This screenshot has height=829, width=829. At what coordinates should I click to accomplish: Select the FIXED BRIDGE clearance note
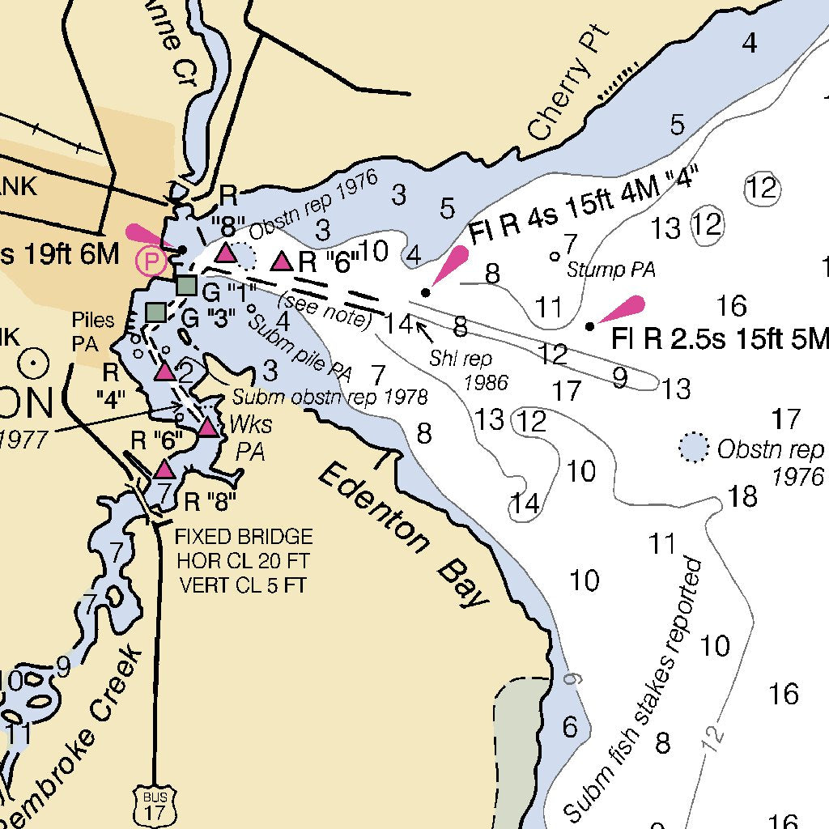pos(244,560)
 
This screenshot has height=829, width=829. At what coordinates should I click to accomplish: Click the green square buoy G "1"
pos(186,285)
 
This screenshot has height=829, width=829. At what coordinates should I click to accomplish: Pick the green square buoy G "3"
pos(156,312)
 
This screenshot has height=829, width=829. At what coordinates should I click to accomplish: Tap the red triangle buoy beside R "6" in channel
pos(281,261)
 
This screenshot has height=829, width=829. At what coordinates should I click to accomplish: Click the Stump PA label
pos(610,270)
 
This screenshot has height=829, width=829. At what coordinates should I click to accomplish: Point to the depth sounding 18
pos(742,495)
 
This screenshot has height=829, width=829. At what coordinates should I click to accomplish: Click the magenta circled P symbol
pos(151,261)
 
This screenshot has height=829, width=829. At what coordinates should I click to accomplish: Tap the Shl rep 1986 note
pos(470,369)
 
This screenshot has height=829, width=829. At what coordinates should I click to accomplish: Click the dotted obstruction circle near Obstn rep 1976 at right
pos(692,447)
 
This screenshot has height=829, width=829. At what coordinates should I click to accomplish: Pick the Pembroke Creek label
pos(73,741)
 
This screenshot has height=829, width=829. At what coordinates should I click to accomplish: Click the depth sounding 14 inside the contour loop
pos(525,503)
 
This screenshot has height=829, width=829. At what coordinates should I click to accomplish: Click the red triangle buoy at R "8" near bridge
pos(164,469)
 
